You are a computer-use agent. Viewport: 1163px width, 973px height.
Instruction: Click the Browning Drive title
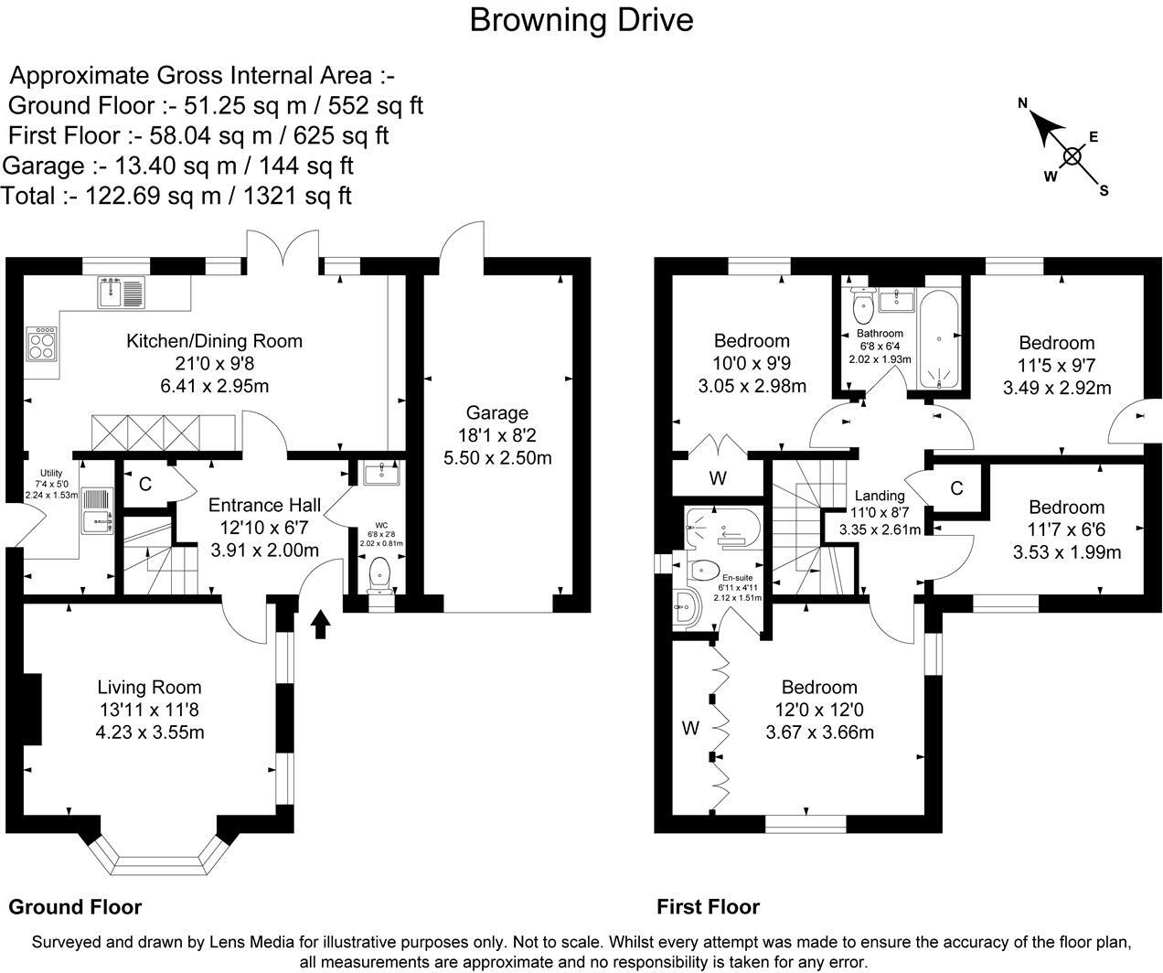click(x=581, y=21)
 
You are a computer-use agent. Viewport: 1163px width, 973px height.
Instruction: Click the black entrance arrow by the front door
click(x=320, y=624)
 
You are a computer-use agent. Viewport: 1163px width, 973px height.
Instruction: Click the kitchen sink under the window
click(x=121, y=293)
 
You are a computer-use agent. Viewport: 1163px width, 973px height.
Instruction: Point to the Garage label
click(x=497, y=413)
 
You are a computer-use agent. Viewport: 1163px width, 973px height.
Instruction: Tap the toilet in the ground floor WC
click(x=379, y=573)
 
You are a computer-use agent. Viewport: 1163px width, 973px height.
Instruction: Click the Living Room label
click(x=149, y=687)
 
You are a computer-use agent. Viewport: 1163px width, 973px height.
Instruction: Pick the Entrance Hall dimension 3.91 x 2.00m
click(x=264, y=551)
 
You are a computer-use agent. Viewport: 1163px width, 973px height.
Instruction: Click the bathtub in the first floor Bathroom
click(x=939, y=339)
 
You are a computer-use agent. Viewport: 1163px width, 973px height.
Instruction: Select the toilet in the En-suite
click(x=702, y=570)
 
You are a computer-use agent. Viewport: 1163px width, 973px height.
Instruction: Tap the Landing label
click(x=880, y=496)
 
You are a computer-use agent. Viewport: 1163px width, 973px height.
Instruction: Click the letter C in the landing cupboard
click(x=956, y=488)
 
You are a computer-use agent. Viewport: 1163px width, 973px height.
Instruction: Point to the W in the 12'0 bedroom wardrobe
click(x=690, y=728)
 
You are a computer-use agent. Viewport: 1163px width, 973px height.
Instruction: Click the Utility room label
click(x=51, y=473)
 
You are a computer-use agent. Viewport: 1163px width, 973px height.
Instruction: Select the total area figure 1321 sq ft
click(x=297, y=197)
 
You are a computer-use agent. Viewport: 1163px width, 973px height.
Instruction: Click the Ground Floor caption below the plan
click(x=75, y=907)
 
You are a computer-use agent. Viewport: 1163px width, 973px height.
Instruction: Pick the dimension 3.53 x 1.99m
click(x=1067, y=552)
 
